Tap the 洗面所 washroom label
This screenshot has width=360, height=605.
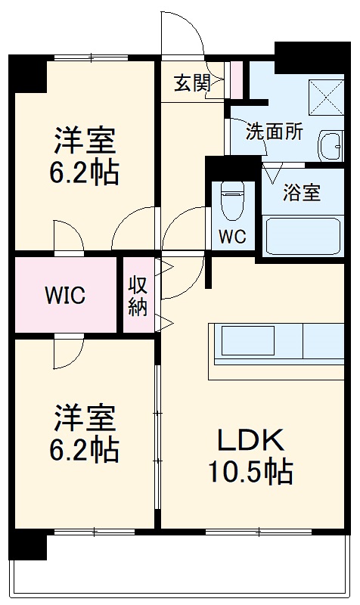pyautogui.click(x=274, y=131)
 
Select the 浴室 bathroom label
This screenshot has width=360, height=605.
pyautogui.click(x=301, y=193)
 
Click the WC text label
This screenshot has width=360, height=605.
pyautogui.click(x=232, y=236)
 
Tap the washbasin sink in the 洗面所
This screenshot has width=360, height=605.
pyautogui.click(x=331, y=145)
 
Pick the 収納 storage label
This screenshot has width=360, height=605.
pyautogui.click(x=137, y=296)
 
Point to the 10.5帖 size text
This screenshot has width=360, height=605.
pyautogui.click(x=250, y=473)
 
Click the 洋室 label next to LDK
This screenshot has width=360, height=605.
pyautogui.click(x=83, y=417)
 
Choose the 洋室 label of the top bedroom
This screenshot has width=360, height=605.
pyautogui.click(x=83, y=141)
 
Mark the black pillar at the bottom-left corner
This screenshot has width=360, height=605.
pyautogui.click(x=27, y=545)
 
